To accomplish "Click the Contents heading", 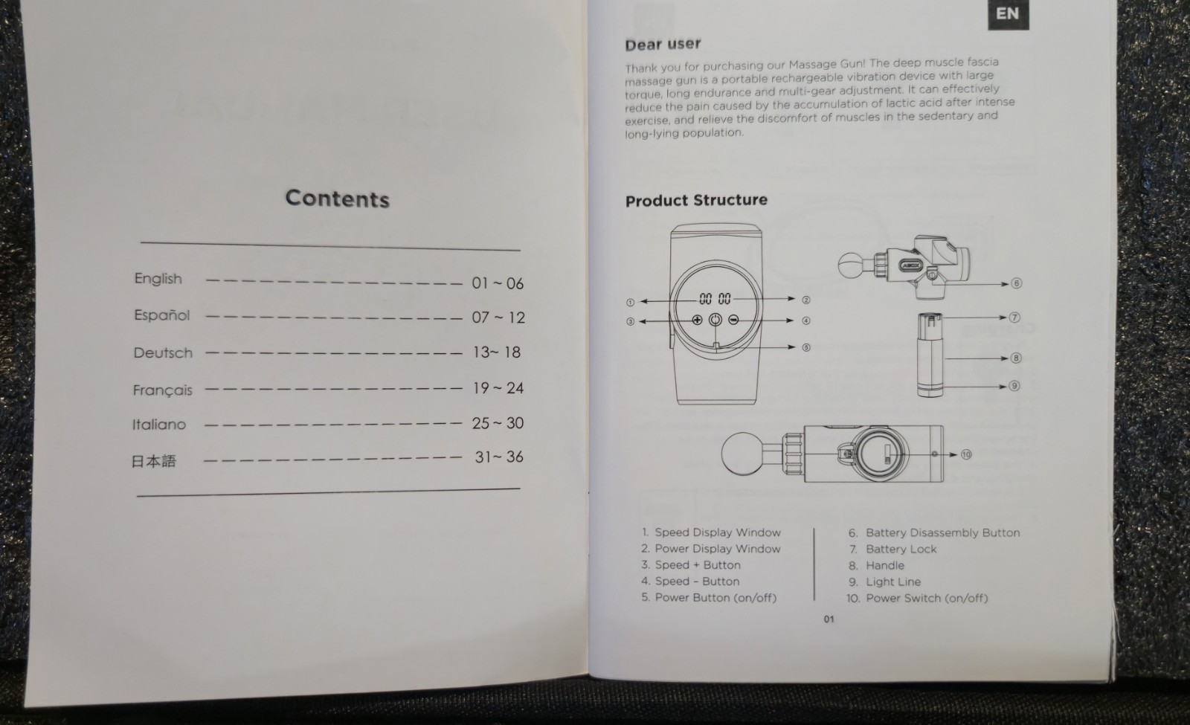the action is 338,199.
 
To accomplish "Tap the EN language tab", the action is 1008,14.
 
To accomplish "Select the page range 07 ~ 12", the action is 498,317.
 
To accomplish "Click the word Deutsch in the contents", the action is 163,352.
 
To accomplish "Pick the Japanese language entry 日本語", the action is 153,460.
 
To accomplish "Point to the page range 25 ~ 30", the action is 498,423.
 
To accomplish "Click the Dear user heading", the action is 663,44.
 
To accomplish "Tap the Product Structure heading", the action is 696,200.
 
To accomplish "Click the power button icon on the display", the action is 715,319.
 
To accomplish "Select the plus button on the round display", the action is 697,319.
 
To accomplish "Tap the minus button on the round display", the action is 733,319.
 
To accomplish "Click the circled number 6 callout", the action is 1016,283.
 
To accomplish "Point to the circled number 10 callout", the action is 966,454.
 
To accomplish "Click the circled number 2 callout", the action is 806,300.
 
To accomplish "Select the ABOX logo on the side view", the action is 909,265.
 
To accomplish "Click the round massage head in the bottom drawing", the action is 743,453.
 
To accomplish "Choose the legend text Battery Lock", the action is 901,549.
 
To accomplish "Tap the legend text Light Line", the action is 893,581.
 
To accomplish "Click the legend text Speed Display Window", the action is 718,532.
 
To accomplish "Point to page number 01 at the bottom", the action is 829,619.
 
